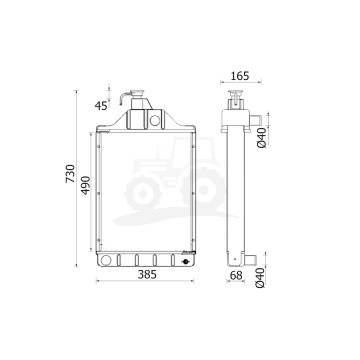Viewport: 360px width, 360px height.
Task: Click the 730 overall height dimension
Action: coord(70,173)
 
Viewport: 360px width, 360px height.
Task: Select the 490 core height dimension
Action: coord(86,185)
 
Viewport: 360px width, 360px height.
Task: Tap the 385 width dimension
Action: coord(147,274)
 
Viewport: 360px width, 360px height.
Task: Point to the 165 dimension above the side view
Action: coord(240,76)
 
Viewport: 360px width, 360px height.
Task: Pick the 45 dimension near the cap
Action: coord(101,106)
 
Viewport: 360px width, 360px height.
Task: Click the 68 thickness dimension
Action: coord(236,275)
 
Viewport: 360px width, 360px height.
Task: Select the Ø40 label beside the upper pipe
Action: coord(262,138)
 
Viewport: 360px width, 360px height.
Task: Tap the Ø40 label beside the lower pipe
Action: coord(261,277)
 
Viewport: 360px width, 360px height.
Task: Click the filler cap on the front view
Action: coord(137,92)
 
